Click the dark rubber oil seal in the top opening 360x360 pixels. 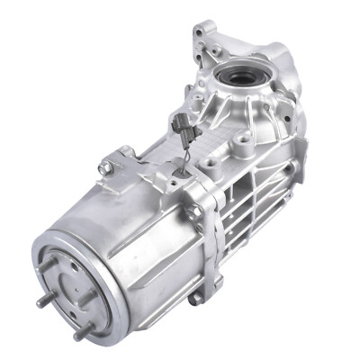[x=238, y=76]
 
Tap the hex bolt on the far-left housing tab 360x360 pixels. [x=106, y=167]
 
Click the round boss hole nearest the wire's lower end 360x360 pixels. [x=209, y=165]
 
